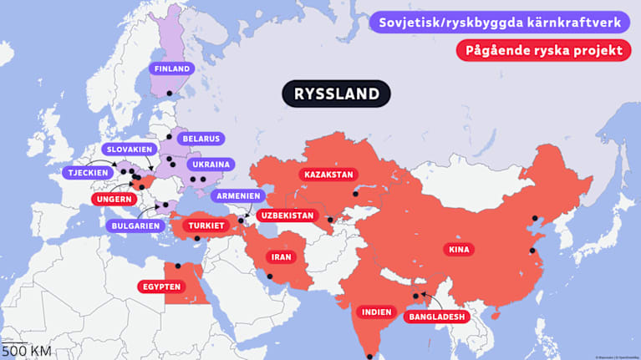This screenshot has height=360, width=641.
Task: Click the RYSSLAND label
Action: point(337,94)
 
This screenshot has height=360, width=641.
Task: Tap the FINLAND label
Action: point(170,68)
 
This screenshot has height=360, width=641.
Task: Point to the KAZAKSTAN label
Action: point(328,175)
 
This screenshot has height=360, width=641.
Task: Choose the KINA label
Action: point(459,249)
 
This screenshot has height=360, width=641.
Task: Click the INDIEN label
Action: point(375,312)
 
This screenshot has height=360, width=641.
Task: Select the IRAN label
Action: point(281,256)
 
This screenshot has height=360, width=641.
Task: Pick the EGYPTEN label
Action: point(161,286)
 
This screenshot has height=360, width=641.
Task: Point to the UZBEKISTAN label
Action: point(286,215)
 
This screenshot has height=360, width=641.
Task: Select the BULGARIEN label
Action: point(134,225)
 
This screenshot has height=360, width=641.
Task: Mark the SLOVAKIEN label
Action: point(127,149)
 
